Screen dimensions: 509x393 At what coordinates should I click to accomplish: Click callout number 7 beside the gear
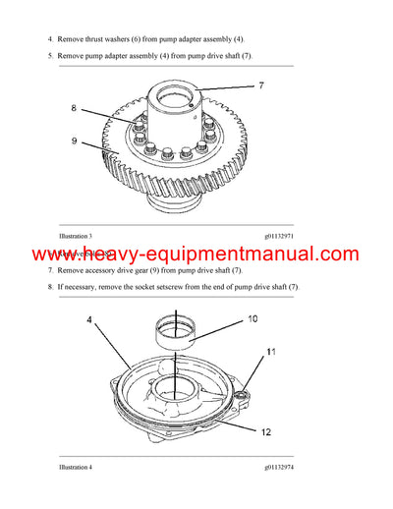tap(261, 86)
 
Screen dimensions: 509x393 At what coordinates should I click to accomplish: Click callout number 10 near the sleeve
tap(253, 319)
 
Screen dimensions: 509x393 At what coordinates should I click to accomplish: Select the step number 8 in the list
tap(51, 286)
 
